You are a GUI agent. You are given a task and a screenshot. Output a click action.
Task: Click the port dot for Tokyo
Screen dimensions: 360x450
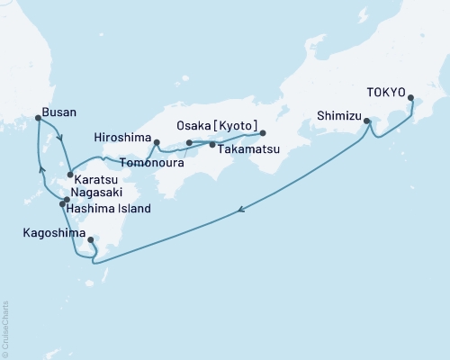[x=411, y=98]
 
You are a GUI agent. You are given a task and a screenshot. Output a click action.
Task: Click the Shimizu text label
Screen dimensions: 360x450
[x=339, y=115]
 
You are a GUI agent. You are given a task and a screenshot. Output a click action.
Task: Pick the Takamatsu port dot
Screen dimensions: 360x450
[x=212, y=144]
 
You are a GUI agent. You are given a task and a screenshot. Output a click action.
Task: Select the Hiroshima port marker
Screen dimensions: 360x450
[x=157, y=142]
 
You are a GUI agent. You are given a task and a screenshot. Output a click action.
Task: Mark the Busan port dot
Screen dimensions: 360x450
[x=37, y=118]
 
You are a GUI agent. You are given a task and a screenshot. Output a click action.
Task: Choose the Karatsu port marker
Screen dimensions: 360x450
[x=70, y=175]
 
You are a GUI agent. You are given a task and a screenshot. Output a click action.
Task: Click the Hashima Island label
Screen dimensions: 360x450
[x=106, y=209]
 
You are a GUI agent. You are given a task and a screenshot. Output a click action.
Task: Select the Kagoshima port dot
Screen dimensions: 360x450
[x=91, y=240]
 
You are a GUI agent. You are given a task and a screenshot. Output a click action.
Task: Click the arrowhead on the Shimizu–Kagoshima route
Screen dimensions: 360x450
[x=241, y=211]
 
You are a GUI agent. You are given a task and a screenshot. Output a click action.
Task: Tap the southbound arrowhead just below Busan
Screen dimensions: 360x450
[x=59, y=139]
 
